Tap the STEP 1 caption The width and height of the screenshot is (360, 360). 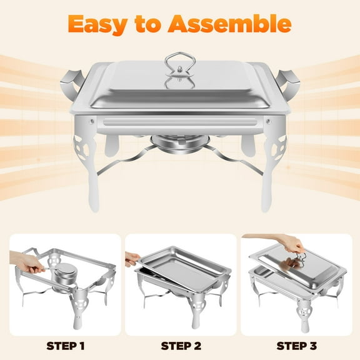(65, 344)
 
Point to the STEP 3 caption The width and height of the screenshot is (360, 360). (296, 344)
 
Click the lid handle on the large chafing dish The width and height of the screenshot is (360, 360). (180, 69)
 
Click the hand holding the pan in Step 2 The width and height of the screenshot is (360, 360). (133, 257)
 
